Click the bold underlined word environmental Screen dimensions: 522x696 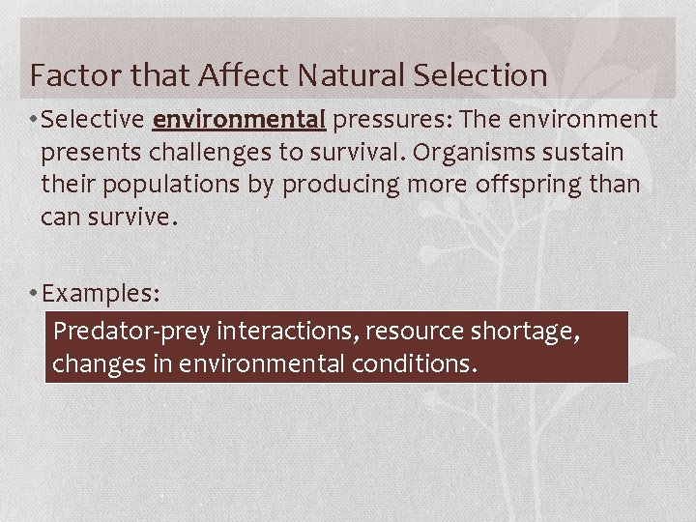[x=239, y=120]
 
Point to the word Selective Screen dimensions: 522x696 [x=95, y=120]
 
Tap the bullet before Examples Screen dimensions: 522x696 [x=35, y=292]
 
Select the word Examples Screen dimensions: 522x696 [x=101, y=292]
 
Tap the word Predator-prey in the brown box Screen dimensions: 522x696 [x=131, y=332]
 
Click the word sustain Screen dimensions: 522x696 [x=591, y=152]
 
